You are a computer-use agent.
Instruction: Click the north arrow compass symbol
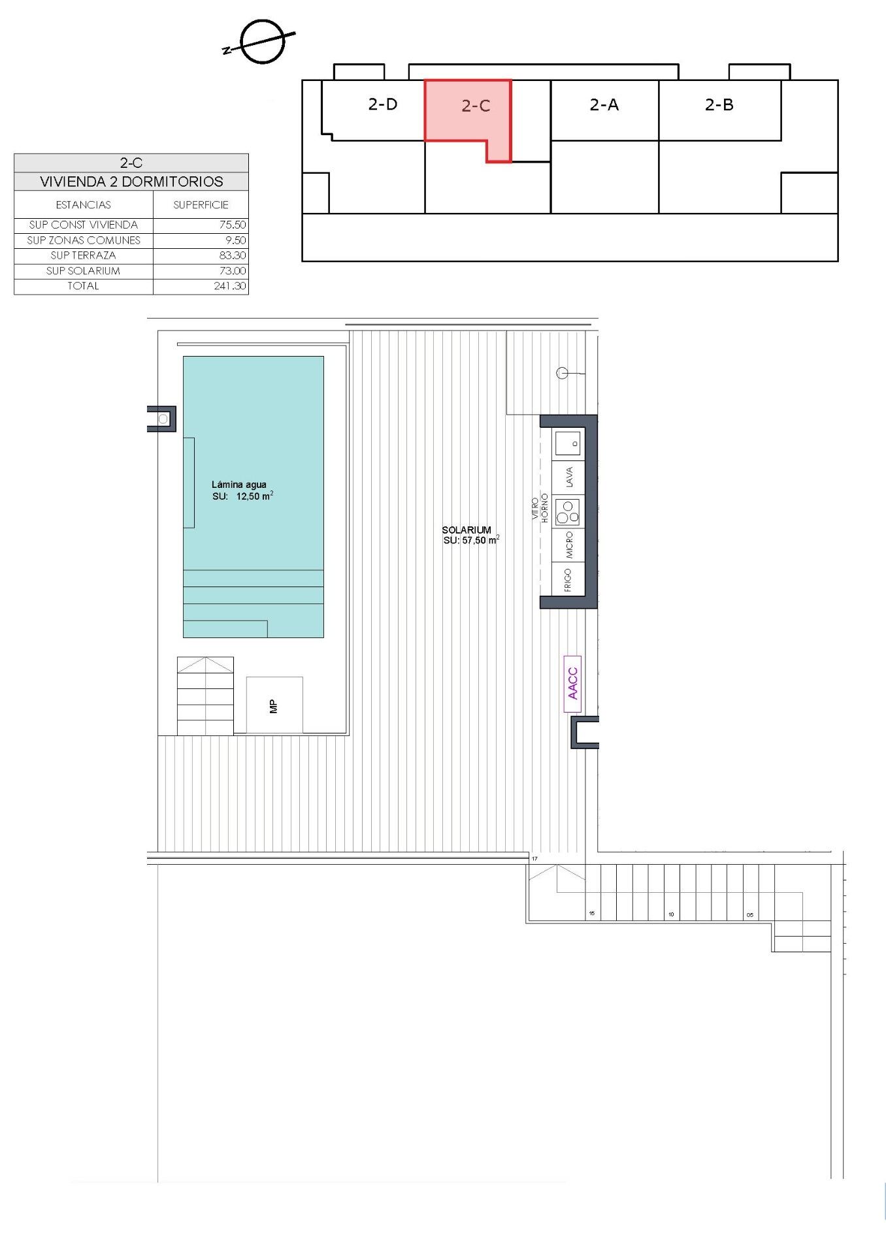pos(262,42)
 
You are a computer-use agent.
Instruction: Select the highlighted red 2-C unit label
pos(476,106)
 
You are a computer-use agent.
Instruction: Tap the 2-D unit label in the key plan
pos(383,104)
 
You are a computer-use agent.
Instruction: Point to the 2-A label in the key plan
pos(604,104)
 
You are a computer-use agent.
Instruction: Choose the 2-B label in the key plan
pos(719,104)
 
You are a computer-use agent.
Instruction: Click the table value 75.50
pos(233,225)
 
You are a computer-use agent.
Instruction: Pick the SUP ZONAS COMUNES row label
pos(84,240)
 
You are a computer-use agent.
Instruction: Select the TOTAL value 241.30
pos(230,286)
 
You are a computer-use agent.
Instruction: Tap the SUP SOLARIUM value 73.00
pos(233,271)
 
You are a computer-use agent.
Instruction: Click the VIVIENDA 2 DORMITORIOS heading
pos(131,182)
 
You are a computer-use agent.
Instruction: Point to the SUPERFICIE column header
pos(201,205)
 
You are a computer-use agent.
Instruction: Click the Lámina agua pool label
pos(239,485)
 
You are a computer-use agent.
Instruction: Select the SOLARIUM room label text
pos(467,530)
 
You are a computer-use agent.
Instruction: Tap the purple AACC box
pos(572,683)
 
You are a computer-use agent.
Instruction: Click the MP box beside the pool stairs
pos(274,705)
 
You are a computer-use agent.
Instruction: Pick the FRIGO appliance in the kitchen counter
pos(568,579)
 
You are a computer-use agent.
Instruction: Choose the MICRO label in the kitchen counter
pos(569,545)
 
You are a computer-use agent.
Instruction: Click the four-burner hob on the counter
pos(567,512)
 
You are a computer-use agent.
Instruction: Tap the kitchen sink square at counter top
pos(567,443)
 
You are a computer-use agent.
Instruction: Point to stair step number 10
pos(671,914)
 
